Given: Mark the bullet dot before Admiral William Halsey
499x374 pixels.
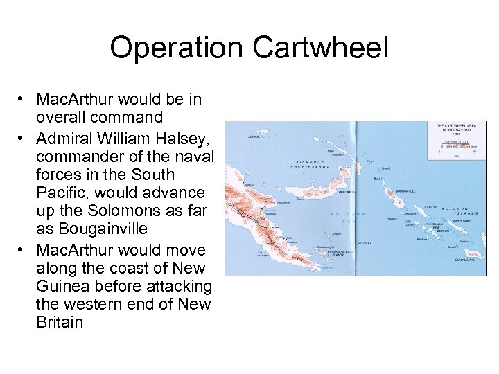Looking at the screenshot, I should tap(24, 132).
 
